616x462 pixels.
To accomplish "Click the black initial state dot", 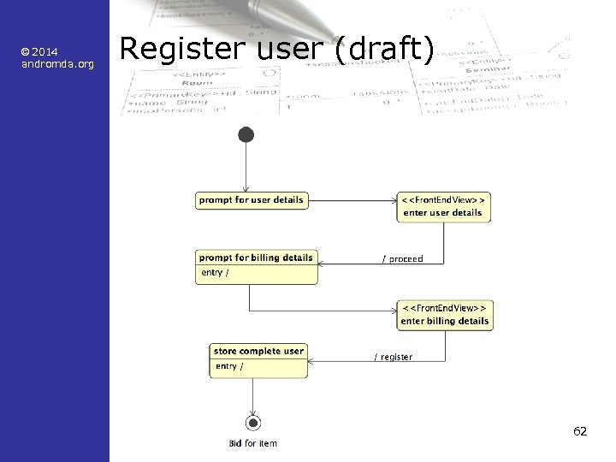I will (x=246, y=134).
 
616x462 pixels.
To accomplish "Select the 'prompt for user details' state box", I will (x=251, y=200).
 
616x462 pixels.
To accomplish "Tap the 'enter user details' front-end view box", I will (x=443, y=206).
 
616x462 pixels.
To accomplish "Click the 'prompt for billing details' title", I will (x=256, y=258).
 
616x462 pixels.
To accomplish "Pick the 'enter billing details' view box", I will (x=445, y=315).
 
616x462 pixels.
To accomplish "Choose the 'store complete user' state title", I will (x=258, y=352).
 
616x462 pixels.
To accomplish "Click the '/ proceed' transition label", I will (x=402, y=258).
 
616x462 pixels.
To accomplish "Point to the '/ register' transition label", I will (x=394, y=357).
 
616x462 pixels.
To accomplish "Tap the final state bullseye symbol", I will (x=252, y=423).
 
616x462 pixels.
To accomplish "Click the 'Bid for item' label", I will (x=252, y=443).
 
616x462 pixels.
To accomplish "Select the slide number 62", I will (x=580, y=431).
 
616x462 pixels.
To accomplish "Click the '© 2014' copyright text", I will (x=38, y=52).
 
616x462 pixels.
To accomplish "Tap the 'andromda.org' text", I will (x=57, y=64).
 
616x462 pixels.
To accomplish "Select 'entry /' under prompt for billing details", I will (x=215, y=273).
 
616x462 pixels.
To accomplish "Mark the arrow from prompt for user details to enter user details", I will (x=351, y=201).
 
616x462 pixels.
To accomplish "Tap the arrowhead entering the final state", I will (x=252, y=412).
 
